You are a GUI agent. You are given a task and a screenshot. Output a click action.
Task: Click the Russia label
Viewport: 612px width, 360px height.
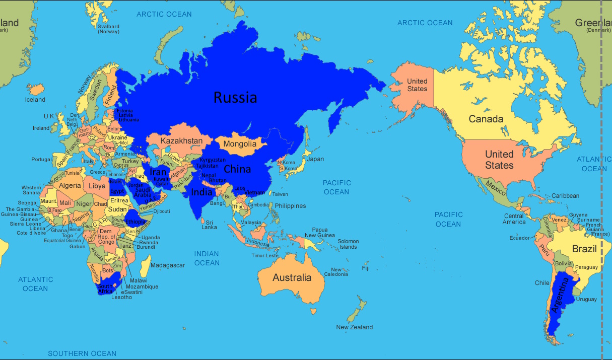(x=235, y=97)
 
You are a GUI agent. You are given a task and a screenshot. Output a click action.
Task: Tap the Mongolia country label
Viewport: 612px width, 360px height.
(x=240, y=144)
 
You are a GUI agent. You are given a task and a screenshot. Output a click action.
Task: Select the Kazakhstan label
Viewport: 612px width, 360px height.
(x=181, y=141)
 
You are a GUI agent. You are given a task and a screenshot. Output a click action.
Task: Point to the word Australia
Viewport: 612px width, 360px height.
(x=292, y=277)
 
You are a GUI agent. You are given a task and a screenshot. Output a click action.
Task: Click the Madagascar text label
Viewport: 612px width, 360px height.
(x=168, y=265)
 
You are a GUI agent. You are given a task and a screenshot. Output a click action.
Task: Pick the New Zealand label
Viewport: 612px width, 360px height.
(x=355, y=327)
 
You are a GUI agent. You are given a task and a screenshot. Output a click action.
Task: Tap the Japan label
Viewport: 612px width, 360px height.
(x=315, y=159)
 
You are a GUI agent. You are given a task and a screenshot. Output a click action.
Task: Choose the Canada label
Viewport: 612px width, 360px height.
(x=486, y=119)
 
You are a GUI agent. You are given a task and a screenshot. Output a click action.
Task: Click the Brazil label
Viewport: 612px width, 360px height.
(x=584, y=249)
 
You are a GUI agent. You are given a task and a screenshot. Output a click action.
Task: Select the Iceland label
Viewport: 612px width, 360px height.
(x=35, y=100)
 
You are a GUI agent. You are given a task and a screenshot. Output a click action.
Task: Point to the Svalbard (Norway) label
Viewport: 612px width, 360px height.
(x=108, y=29)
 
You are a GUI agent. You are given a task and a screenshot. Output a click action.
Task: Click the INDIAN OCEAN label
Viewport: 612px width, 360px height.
(x=207, y=258)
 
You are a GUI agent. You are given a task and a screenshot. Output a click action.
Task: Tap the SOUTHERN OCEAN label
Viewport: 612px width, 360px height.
(x=82, y=353)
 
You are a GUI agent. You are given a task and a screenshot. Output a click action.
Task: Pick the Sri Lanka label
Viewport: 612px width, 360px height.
(x=209, y=225)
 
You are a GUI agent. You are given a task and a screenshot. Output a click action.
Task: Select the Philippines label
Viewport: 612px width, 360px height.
(x=290, y=206)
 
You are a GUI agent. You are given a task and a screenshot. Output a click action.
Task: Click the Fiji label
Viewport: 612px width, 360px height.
(x=366, y=268)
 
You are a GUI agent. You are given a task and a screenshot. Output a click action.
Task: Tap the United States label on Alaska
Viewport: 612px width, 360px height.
(x=417, y=85)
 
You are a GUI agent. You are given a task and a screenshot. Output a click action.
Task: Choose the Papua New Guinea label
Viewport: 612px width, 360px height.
(x=319, y=233)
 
